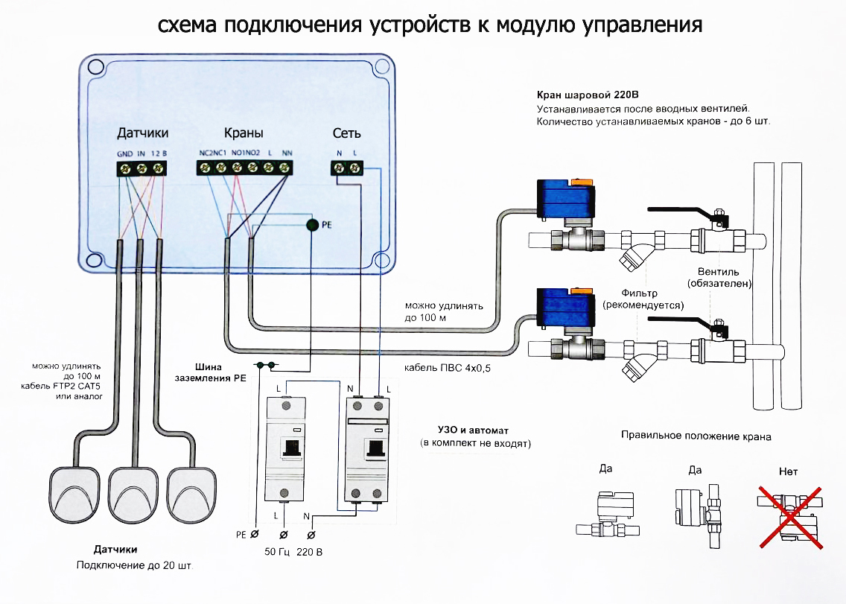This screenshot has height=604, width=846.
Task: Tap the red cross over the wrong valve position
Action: [792, 518]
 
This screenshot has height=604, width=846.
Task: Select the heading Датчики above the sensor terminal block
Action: [142, 133]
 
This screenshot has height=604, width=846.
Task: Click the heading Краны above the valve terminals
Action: [243, 133]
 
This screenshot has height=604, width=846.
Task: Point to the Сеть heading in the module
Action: [346, 133]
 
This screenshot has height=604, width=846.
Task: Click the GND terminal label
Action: [124, 153]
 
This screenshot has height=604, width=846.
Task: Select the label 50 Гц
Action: [276, 552]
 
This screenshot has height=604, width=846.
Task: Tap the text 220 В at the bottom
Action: [311, 552]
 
